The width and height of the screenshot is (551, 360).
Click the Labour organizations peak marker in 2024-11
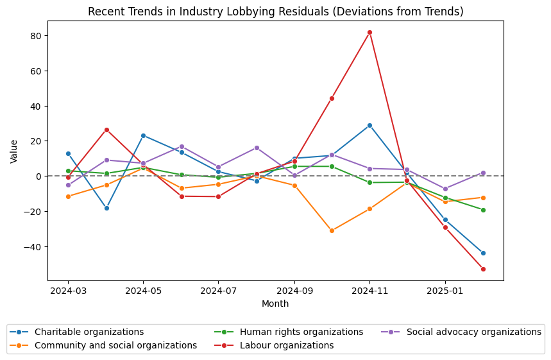(x=369, y=32)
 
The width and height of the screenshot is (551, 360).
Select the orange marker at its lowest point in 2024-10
(x=332, y=230)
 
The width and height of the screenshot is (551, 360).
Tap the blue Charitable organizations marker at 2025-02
(x=483, y=253)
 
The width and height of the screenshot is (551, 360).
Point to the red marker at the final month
(x=483, y=269)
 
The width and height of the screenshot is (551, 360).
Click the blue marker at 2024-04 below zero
(x=106, y=208)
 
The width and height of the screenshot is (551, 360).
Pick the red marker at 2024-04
(x=106, y=130)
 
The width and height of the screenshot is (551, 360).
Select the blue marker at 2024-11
(x=369, y=125)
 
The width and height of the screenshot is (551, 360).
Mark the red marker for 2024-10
(x=332, y=98)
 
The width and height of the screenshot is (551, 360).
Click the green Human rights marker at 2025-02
(x=483, y=210)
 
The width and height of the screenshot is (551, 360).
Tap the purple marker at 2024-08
(x=257, y=148)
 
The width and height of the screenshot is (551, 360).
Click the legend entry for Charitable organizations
(x=89, y=332)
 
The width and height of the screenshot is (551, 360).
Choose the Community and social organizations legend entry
(x=115, y=345)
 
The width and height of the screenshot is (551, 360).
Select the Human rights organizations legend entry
(x=301, y=332)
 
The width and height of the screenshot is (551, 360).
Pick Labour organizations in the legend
(x=287, y=345)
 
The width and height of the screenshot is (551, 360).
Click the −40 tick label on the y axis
(x=33, y=246)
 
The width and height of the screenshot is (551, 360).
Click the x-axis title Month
(x=275, y=304)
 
